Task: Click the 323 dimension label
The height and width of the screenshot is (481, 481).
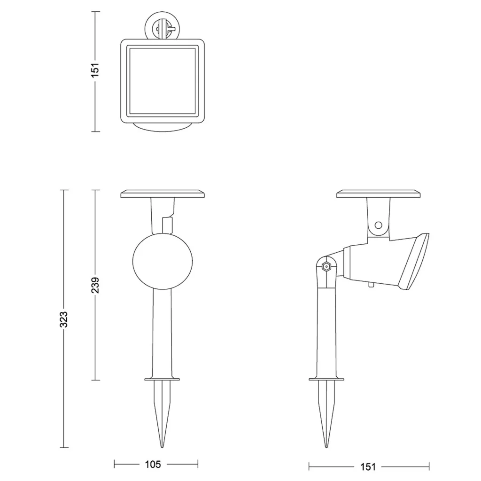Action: pyautogui.click(x=63, y=319)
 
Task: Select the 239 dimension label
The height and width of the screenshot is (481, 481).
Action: pyautogui.click(x=95, y=285)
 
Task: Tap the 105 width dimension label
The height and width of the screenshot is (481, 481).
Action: pyautogui.click(x=153, y=464)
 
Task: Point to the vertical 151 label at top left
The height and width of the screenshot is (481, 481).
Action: pyautogui.click(x=95, y=70)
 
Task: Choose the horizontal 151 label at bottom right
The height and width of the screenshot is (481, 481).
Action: pyautogui.click(x=367, y=466)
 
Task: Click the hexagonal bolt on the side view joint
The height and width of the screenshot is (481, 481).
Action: pyautogui.click(x=326, y=267)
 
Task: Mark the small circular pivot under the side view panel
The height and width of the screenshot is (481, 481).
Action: pyautogui.click(x=379, y=225)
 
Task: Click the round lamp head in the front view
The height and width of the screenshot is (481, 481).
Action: pyautogui.click(x=163, y=261)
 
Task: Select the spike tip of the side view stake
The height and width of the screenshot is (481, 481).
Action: pyautogui.click(x=326, y=447)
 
